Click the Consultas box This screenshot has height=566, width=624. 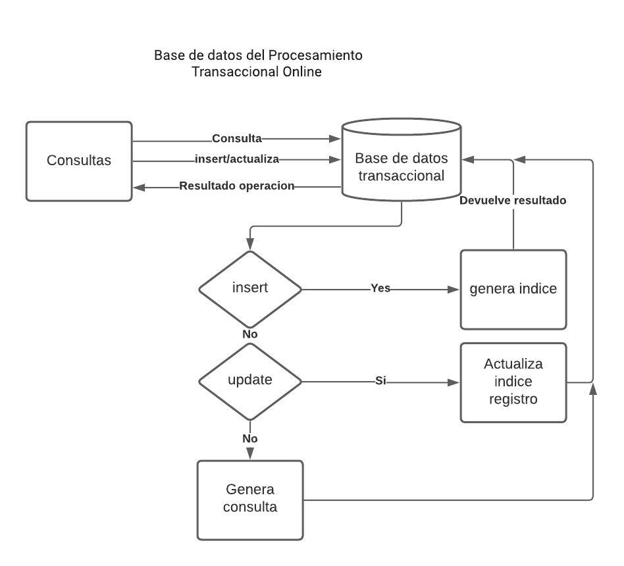pyautogui.click(x=79, y=161)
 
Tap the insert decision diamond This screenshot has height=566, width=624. pyautogui.click(x=250, y=288)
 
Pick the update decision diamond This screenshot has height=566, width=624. pyautogui.click(x=250, y=380)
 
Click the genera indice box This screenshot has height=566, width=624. pyautogui.click(x=513, y=289)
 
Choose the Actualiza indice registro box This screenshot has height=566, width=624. pyautogui.click(x=513, y=382)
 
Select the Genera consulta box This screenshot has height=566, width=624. pyautogui.click(x=250, y=500)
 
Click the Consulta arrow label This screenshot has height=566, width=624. pyautogui.click(x=237, y=139)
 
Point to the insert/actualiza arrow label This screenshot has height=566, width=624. pyautogui.click(x=237, y=159)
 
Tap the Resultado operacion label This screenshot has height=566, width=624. pyautogui.click(x=236, y=186)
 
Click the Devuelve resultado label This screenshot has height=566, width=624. pyautogui.click(x=512, y=201)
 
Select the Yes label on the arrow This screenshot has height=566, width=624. pyautogui.click(x=380, y=288)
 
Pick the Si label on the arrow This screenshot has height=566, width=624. pyautogui.click(x=380, y=380)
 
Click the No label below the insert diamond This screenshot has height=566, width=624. pyautogui.click(x=250, y=334)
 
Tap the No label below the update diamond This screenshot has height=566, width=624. pyautogui.click(x=250, y=439)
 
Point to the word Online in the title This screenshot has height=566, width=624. pyautogui.click(x=302, y=72)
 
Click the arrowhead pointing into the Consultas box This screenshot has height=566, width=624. pyautogui.click(x=138, y=187)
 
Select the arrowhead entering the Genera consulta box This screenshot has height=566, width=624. pyautogui.click(x=250, y=454)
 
